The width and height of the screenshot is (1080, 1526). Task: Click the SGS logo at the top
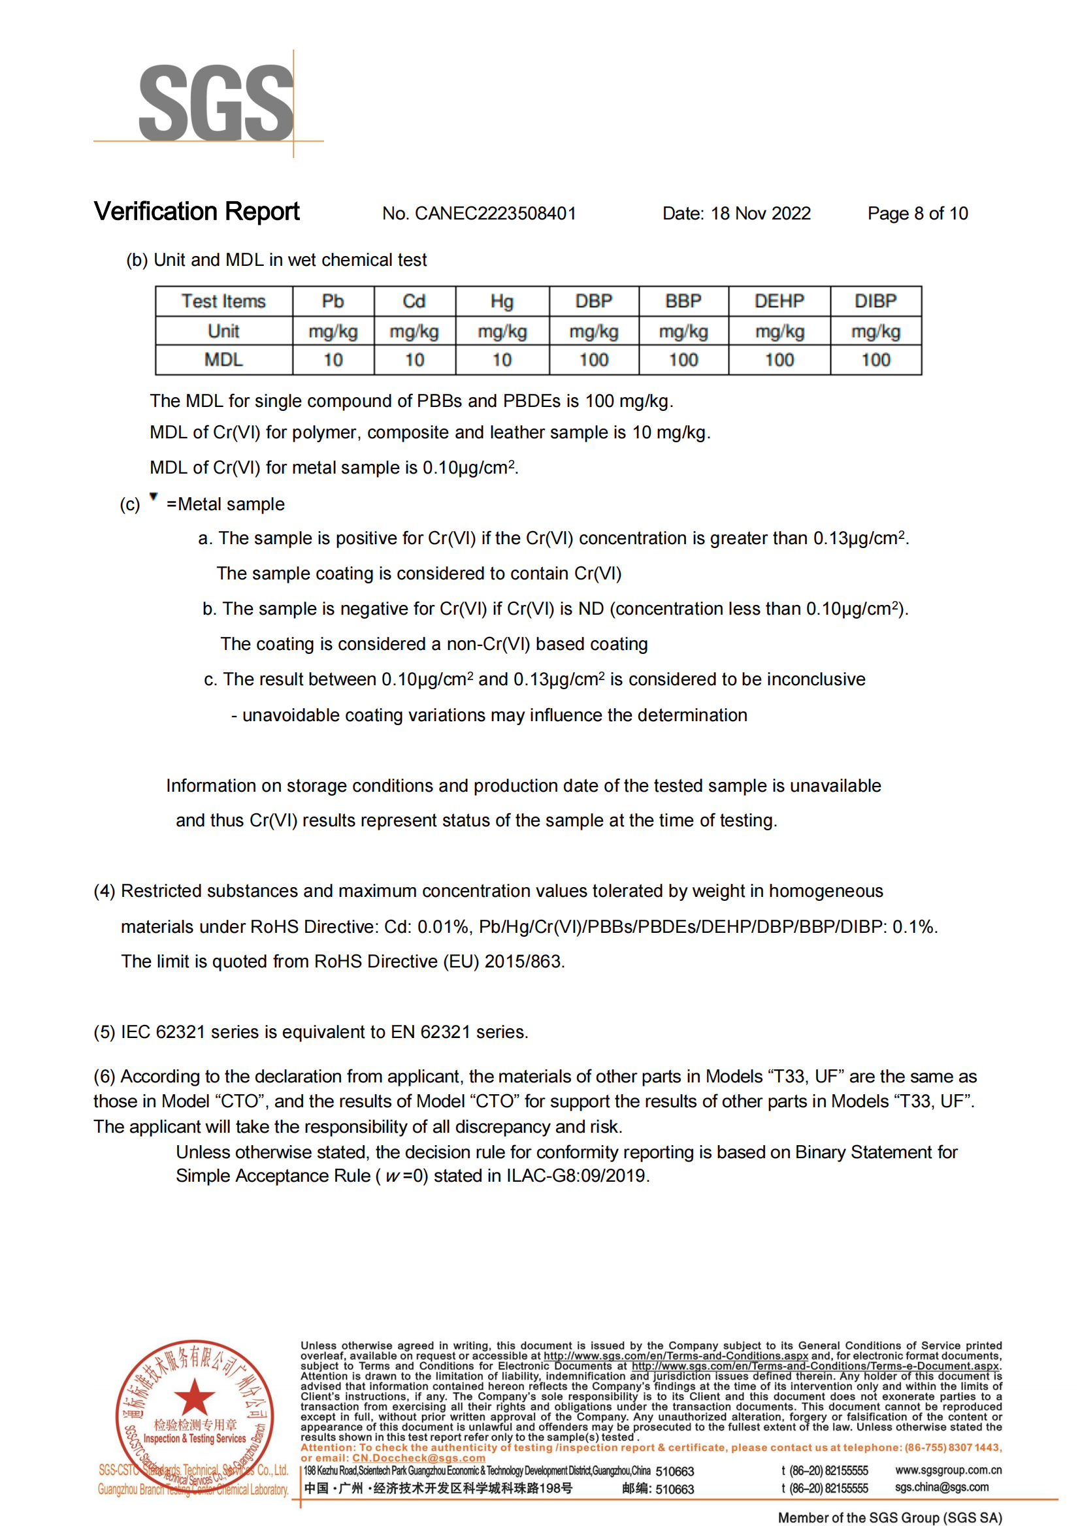coord(216,103)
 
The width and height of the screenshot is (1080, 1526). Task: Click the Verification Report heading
coord(197,212)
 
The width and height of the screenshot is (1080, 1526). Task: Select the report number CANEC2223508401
coord(495,214)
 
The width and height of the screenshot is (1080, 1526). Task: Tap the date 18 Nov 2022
coord(760,214)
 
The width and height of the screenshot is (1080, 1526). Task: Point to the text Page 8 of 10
coord(917,214)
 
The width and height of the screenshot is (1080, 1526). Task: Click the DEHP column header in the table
coord(779,301)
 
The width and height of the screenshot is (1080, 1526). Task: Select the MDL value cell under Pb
coord(333,360)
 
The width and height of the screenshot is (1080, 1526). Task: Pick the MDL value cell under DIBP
coord(875,360)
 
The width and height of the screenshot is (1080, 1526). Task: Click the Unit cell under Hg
coord(502,331)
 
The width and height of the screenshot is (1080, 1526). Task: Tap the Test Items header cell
coord(223,301)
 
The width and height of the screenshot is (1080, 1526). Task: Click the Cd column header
coord(414,301)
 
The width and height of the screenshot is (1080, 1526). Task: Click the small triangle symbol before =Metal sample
coord(154,496)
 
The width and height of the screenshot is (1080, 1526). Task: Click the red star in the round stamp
coord(194,1397)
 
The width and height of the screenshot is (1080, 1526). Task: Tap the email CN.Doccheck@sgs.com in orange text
coord(418,1458)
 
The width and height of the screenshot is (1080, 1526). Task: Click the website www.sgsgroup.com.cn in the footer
coord(947,1470)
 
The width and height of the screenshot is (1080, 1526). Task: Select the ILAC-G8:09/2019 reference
coord(576,1176)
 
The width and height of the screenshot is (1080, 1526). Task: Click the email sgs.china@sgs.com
coord(941,1487)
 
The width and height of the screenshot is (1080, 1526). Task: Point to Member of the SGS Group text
coord(889,1518)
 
